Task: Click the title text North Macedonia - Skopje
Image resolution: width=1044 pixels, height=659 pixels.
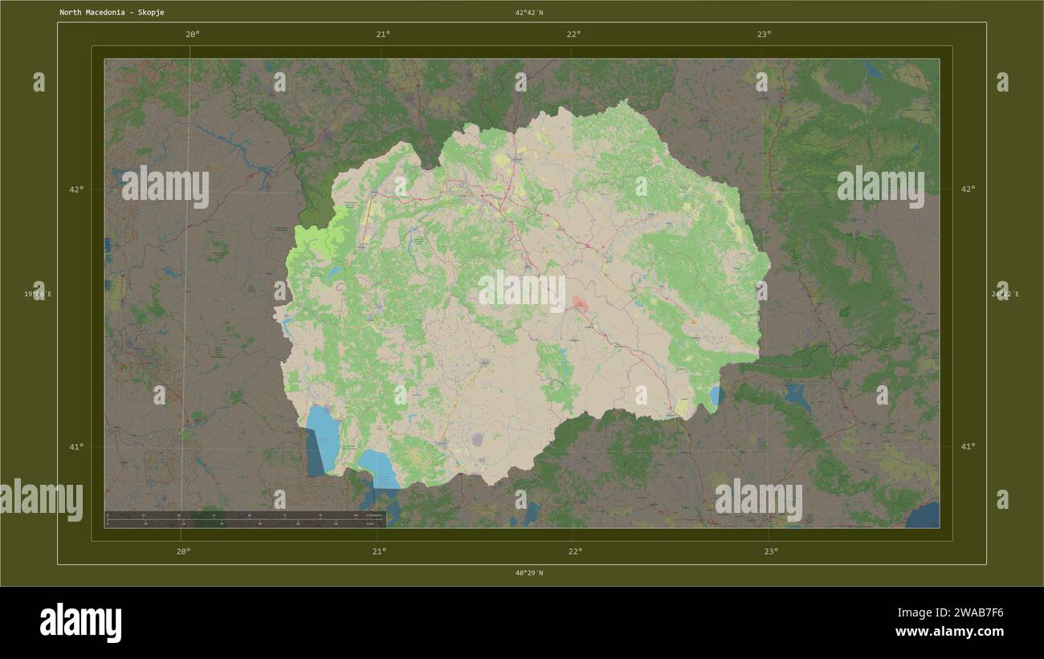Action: [x=112, y=13]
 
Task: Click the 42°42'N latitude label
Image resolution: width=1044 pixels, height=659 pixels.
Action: [x=529, y=13]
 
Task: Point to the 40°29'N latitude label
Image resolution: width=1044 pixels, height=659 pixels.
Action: [x=529, y=573]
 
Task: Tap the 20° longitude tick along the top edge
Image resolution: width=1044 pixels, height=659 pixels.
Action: [x=192, y=34]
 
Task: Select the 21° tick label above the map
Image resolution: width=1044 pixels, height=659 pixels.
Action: [x=383, y=34]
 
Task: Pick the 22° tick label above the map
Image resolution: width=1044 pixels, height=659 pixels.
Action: [x=573, y=34]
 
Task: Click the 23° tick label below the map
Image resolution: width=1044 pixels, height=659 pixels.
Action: [x=771, y=551]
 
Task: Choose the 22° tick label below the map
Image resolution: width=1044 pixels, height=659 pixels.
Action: [x=575, y=551]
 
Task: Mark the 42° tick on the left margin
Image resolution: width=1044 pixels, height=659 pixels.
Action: [x=76, y=189]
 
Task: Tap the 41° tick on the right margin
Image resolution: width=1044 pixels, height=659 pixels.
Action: [x=969, y=446]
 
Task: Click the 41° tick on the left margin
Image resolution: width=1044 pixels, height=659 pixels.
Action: [x=76, y=446]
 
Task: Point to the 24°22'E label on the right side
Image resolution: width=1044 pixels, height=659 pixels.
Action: [x=1005, y=294]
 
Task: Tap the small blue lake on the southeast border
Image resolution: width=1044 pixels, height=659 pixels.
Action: [x=715, y=396]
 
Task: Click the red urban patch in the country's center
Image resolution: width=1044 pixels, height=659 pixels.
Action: [x=579, y=303]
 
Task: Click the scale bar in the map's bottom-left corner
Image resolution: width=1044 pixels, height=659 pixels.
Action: [x=245, y=519]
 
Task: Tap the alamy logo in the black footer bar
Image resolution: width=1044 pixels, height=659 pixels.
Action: [x=80, y=623]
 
